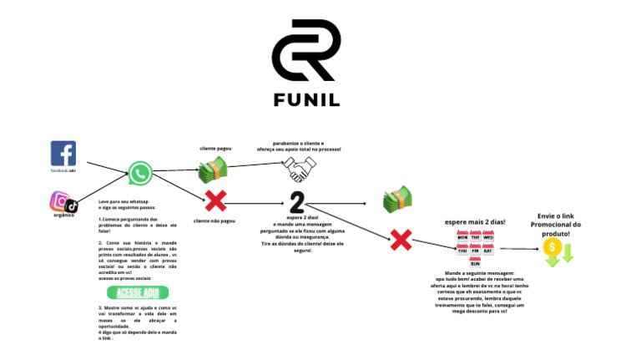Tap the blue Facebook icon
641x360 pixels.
[63, 154]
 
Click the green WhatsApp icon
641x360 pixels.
[140, 175]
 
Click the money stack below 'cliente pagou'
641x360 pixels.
[212, 170]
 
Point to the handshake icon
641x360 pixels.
[297, 170]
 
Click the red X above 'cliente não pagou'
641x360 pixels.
[215, 201]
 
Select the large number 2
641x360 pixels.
[297, 202]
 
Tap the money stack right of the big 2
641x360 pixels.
[396, 200]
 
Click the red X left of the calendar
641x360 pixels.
[401, 240]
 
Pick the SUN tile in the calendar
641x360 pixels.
[475, 262]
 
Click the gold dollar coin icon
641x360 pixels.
[551, 247]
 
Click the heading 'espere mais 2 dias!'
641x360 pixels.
[475, 221]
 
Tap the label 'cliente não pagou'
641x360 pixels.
[214, 221]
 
